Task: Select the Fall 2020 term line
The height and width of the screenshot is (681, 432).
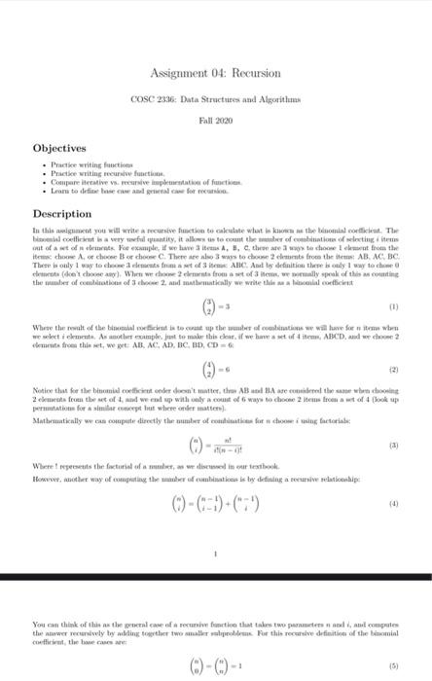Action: [216, 125]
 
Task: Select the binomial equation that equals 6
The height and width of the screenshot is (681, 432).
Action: [216, 370]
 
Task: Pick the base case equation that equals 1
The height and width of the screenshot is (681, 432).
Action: [216, 669]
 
